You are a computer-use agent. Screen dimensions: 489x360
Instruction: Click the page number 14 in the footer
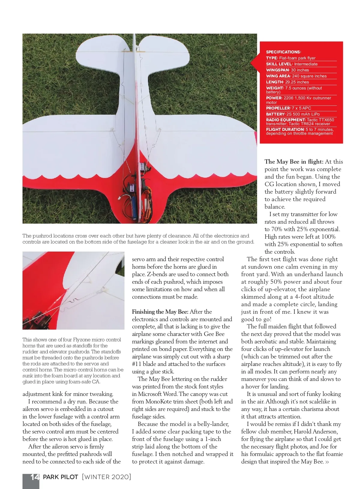(34, 477)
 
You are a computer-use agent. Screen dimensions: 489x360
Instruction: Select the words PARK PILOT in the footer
(61, 477)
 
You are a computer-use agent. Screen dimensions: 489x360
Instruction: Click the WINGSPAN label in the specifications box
(277, 70)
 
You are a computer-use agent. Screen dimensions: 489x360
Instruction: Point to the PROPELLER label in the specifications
(278, 108)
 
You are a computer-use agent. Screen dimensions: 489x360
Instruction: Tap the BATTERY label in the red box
(275, 114)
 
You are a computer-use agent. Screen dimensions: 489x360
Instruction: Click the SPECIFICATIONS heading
(283, 52)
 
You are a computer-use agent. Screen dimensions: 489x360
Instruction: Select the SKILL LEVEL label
(279, 64)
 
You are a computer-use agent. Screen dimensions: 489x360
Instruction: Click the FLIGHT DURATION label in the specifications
(285, 129)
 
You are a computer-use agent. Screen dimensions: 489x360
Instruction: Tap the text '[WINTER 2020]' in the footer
(106, 477)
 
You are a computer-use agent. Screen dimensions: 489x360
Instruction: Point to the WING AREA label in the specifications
(278, 76)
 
